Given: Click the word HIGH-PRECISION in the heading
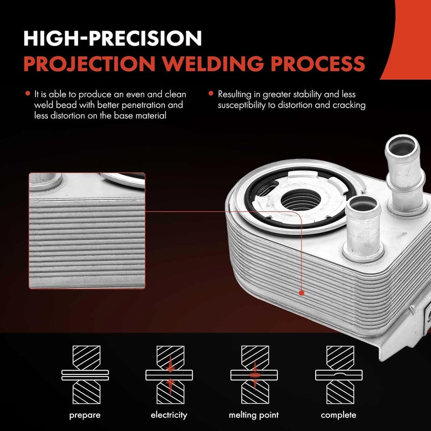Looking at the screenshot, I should [113, 38].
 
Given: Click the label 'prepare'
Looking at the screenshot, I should [84, 415].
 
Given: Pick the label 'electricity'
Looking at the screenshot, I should [169, 415].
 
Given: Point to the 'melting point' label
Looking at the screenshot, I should [253, 415].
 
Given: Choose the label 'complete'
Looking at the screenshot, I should [338, 415].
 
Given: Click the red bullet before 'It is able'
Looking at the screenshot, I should [27, 94].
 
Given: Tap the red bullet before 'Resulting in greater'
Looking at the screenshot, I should [211, 94].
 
